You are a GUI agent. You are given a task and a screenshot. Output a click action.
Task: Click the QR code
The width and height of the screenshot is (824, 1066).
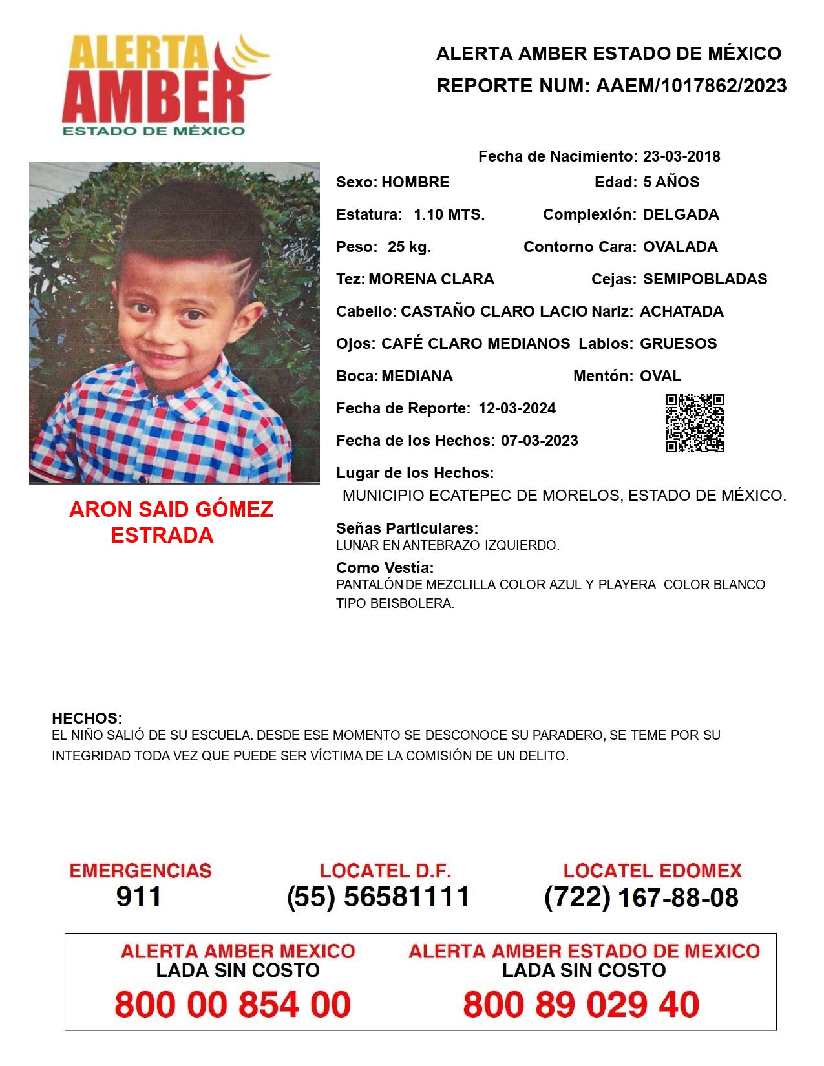695,423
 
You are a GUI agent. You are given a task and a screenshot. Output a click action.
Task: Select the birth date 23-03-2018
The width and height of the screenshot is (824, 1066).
681,156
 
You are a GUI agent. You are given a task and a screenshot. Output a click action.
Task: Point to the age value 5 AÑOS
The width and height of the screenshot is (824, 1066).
671,182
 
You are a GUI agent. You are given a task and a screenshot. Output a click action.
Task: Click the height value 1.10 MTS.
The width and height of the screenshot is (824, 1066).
449,214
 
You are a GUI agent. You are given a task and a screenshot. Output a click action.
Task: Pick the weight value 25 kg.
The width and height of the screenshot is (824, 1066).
409,247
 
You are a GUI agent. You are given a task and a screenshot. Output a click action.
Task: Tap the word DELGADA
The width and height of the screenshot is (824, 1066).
681,214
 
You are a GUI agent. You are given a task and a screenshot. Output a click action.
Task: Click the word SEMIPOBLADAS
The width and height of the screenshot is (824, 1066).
705,279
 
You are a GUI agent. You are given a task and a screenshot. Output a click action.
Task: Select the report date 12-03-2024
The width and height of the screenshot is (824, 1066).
517,408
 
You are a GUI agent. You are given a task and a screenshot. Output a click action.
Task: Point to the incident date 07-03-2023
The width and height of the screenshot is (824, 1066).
540,441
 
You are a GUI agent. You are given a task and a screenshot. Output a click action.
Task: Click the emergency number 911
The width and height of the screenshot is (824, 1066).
139,897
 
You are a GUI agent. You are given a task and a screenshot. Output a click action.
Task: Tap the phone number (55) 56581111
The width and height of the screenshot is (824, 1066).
378,897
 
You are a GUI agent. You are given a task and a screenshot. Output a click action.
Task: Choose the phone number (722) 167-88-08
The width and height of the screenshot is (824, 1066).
641,897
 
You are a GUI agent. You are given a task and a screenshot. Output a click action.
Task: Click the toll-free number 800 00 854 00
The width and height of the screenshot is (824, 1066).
233,1005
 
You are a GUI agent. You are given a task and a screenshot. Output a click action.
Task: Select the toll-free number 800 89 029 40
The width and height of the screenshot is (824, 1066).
581,1005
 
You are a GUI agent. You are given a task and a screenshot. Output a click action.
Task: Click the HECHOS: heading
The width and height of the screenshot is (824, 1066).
87,718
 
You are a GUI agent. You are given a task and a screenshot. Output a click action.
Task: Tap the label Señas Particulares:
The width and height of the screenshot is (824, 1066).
407,528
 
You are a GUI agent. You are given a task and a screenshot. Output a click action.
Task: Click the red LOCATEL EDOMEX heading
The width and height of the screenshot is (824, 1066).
652,871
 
